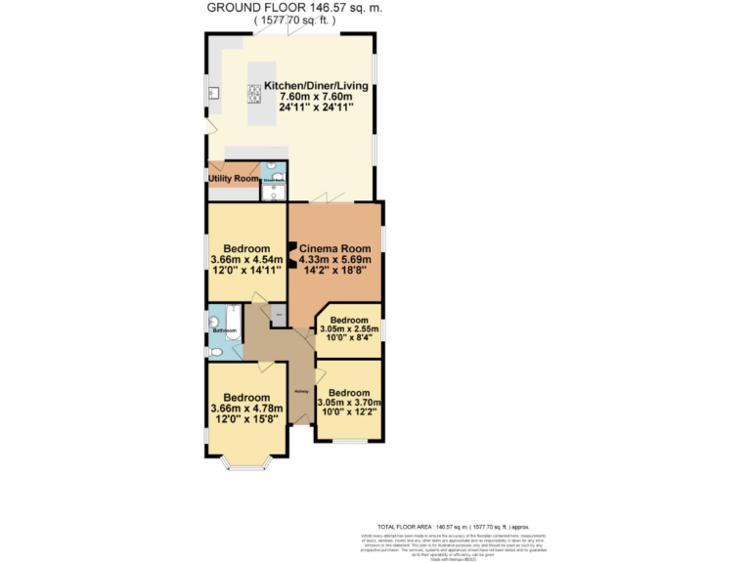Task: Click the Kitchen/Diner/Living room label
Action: tap(309, 85)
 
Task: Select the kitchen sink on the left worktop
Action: tap(215, 96)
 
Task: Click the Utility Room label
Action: tap(233, 179)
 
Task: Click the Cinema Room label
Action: tap(333, 248)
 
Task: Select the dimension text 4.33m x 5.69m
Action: tap(335, 260)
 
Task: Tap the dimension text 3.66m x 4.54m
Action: tap(246, 260)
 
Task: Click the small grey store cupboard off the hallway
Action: tap(279, 315)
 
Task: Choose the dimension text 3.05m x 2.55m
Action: tap(349, 330)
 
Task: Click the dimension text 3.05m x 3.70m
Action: tap(349, 402)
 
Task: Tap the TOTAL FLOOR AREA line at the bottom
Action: tap(446, 525)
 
